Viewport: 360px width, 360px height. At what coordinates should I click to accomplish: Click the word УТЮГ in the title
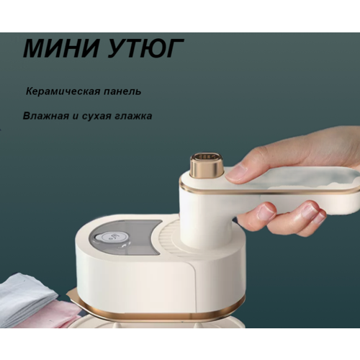(143, 48)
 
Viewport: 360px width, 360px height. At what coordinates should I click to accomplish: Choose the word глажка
(135, 115)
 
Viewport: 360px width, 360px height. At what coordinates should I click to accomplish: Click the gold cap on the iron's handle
(207, 165)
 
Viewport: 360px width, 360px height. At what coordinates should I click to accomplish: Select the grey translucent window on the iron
(122, 238)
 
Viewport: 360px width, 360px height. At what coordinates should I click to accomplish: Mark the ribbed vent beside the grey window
(170, 238)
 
